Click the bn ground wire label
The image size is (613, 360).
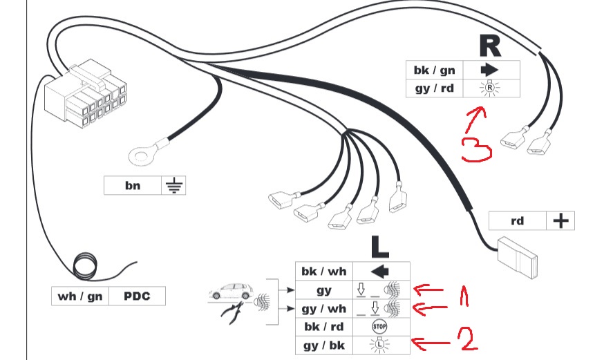point(132,185)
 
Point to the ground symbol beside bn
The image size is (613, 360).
point(174,185)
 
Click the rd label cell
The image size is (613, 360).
point(516,221)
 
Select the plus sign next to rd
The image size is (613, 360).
point(560,221)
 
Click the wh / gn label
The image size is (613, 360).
point(80,296)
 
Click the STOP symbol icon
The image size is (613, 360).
point(378,326)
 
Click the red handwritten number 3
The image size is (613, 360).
point(477,147)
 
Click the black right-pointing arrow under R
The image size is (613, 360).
point(489,70)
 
